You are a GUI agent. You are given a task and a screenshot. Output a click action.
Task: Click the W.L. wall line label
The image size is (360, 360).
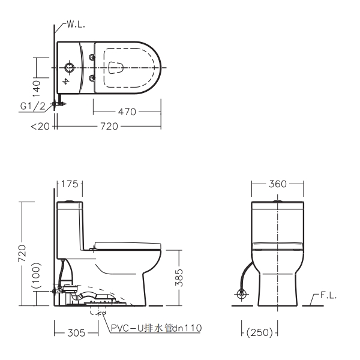coord(76,25)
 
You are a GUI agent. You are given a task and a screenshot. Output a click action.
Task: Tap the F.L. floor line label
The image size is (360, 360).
coord(328,296)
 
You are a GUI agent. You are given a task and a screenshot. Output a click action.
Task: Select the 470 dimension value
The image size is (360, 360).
coord(127,112)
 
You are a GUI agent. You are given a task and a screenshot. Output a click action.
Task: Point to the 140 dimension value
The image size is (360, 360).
coord(36,88)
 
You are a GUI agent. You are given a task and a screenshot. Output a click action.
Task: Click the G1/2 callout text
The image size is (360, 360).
coord(33,106)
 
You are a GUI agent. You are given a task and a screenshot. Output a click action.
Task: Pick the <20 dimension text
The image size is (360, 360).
coord(40,126)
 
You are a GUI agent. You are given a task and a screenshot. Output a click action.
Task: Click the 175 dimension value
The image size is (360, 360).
coord(70,184)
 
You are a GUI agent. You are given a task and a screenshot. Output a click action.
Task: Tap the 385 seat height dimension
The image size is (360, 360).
coord(179,278)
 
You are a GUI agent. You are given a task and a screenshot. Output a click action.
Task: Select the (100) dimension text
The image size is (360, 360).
coord(36,275)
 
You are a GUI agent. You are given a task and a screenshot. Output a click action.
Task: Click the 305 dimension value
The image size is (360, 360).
coord(76,332)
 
